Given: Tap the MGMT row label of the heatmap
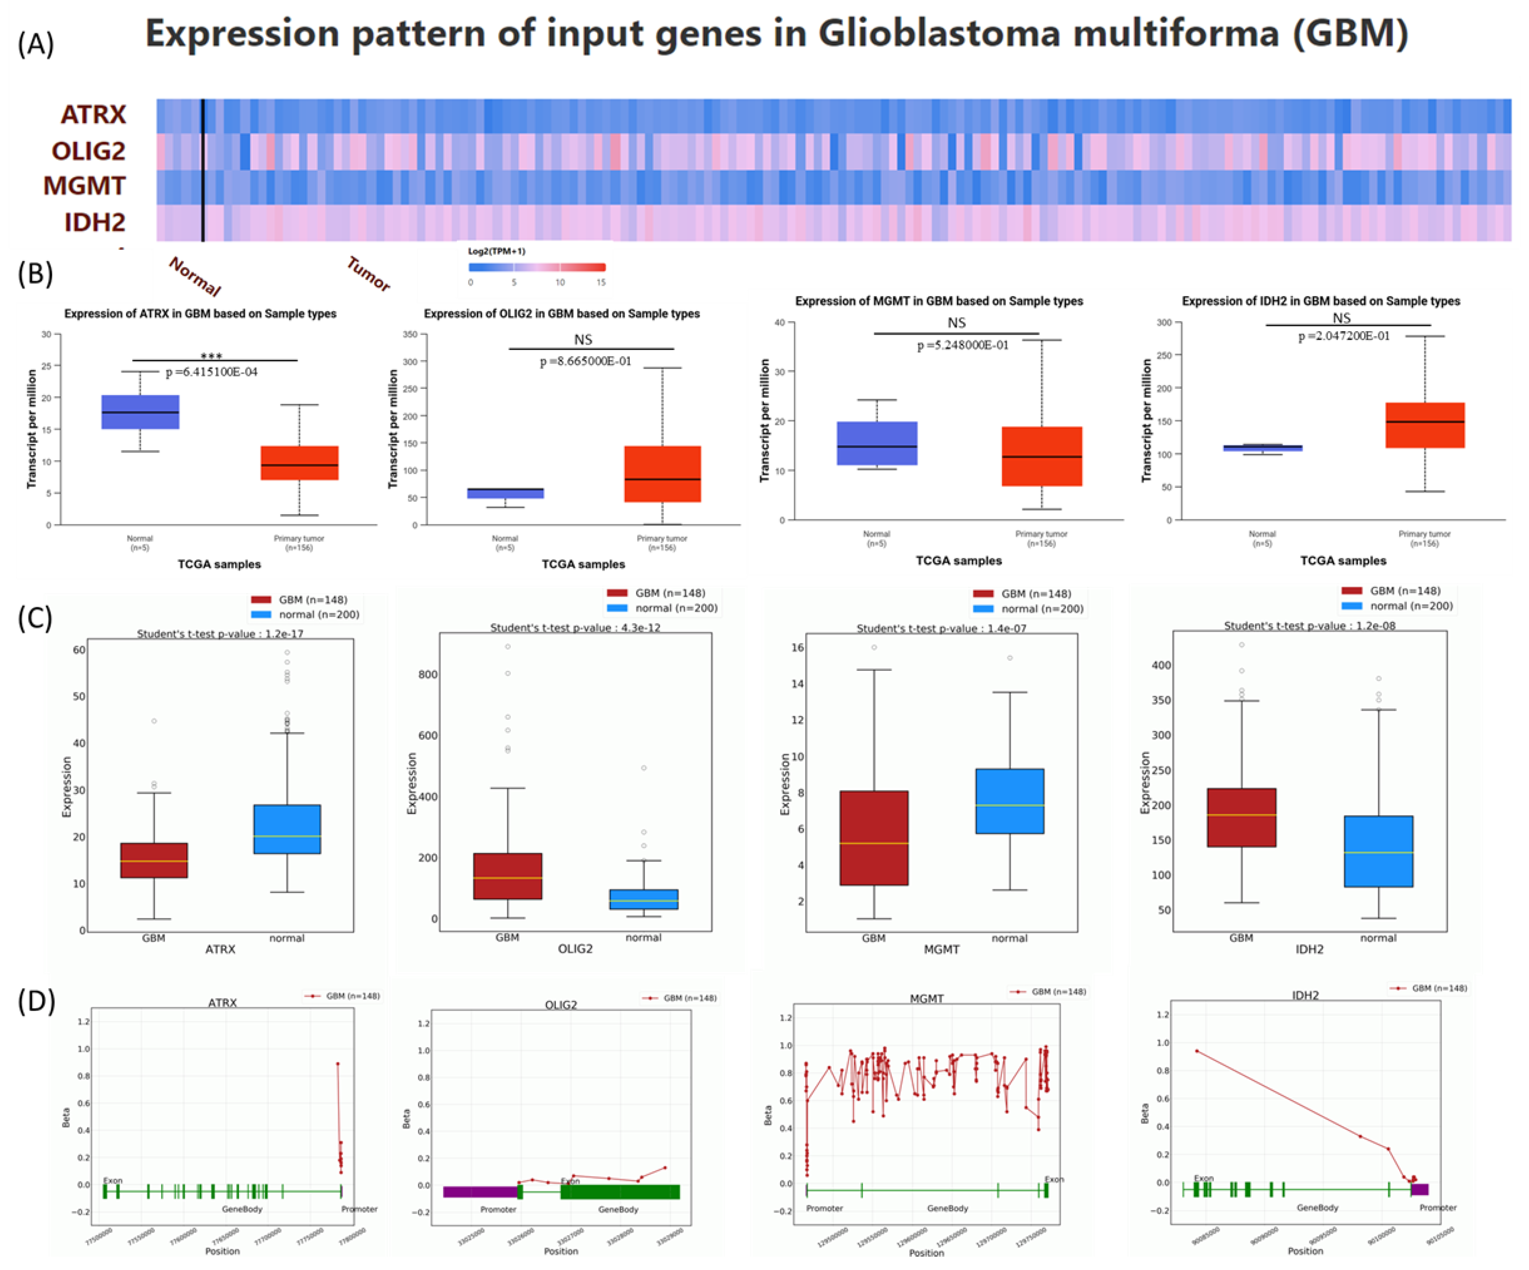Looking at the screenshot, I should [85, 186].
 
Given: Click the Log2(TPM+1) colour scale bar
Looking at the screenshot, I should [537, 267].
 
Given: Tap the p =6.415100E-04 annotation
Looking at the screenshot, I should [211, 372].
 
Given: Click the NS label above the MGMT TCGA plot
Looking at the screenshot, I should [956, 323].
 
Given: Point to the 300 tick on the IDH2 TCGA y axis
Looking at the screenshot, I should [1163, 323].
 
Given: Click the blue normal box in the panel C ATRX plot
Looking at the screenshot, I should [287, 829].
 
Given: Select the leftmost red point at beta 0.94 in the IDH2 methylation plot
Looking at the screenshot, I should [1196, 1051].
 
